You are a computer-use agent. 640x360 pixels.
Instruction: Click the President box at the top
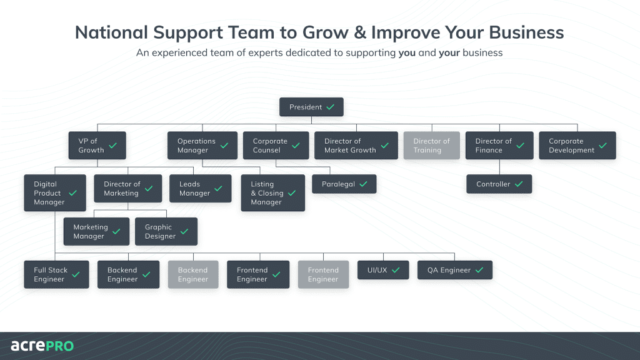311,107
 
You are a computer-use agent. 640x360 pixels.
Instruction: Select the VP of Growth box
97,146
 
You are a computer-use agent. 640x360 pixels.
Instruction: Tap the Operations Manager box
202,146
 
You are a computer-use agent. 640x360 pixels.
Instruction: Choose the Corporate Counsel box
276,146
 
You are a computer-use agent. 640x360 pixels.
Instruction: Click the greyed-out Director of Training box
431,146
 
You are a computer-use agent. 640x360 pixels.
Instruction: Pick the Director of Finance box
499,146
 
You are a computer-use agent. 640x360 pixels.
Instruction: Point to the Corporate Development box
577,146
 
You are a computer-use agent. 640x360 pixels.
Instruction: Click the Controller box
499,184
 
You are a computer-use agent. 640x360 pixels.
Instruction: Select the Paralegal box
344,184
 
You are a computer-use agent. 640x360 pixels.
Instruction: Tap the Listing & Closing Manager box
272,193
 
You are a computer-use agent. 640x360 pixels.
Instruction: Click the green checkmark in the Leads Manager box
218,189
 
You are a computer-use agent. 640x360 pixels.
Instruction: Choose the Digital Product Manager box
55,193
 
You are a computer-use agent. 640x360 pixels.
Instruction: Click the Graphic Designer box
166,232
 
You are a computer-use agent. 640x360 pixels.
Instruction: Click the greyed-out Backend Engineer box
192,275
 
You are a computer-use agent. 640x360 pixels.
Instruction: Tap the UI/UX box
382,271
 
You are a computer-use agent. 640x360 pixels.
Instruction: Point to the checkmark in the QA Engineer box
479,271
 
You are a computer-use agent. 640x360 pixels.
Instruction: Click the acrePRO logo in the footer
42,346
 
